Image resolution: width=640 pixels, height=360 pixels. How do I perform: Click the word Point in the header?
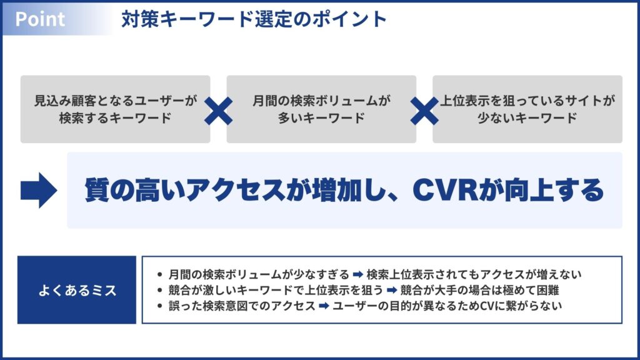[40, 19]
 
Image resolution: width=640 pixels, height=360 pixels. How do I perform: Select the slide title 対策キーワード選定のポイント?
[254, 19]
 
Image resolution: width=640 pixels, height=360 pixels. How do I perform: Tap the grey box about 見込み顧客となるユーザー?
[116, 109]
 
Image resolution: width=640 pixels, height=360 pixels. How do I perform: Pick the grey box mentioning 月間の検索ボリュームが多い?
[321, 109]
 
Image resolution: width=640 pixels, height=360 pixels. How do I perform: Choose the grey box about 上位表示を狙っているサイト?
[527, 109]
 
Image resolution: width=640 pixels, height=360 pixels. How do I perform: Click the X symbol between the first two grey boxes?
[218, 111]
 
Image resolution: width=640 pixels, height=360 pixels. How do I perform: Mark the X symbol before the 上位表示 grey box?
[424, 111]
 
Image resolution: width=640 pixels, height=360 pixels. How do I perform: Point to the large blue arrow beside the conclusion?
[39, 190]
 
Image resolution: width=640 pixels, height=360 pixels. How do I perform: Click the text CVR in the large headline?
[445, 190]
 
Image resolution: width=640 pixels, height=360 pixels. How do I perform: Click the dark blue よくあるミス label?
[77, 290]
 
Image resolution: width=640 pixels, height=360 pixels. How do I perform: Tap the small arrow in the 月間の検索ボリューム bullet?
[358, 274]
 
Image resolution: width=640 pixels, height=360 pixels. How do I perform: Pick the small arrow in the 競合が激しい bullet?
[392, 290]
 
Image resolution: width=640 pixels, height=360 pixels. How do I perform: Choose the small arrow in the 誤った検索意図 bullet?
[324, 306]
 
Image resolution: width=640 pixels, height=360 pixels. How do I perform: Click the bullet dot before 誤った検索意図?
[160, 306]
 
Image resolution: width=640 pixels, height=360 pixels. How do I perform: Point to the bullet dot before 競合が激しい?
[160, 291]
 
